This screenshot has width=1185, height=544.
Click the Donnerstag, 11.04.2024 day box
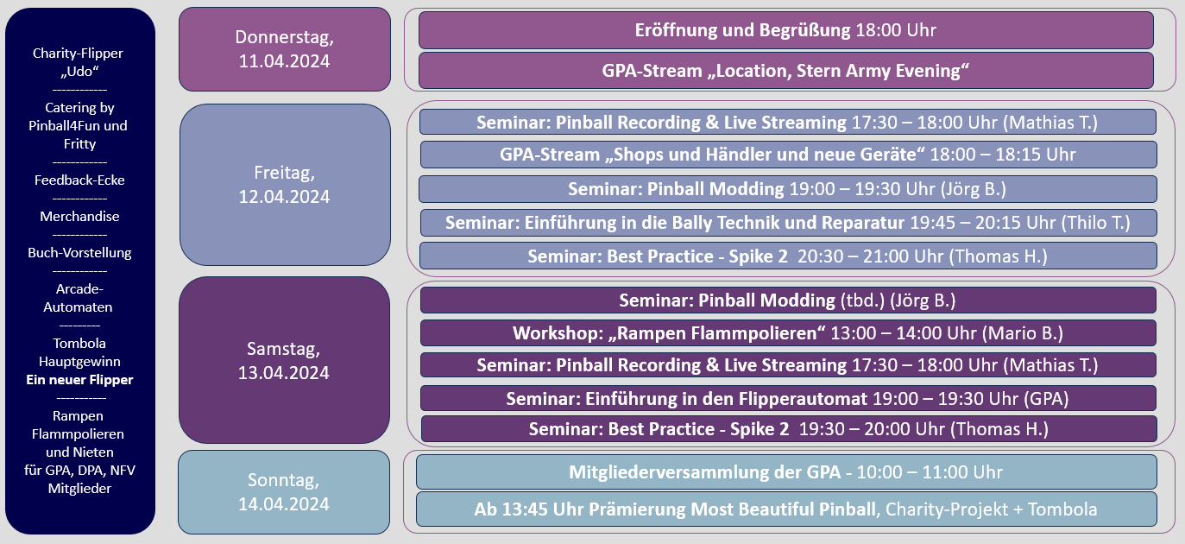(x=285, y=49)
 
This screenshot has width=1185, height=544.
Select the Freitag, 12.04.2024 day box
(x=285, y=185)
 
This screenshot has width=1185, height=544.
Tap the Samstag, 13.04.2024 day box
(x=285, y=360)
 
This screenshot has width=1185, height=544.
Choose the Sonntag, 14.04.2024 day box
(x=284, y=492)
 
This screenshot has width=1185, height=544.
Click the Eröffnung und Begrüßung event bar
(x=786, y=30)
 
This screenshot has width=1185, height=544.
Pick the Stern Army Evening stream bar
(x=786, y=71)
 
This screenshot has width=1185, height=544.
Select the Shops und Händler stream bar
(x=788, y=155)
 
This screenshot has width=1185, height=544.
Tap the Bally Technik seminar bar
(x=788, y=223)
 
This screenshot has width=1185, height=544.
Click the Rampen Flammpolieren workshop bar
(x=788, y=333)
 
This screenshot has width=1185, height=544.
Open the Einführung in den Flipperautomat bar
(x=788, y=398)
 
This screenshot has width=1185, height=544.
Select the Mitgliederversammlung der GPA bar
(x=786, y=472)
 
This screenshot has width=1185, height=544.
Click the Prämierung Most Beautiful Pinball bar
(x=786, y=509)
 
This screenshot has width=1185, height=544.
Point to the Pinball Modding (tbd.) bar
(x=788, y=300)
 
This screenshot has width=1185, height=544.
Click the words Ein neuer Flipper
(x=79, y=380)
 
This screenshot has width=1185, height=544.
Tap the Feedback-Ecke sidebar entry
(x=79, y=180)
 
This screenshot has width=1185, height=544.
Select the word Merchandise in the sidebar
(x=79, y=217)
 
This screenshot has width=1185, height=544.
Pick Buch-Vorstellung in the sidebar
(x=79, y=253)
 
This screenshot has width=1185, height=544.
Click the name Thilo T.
(x=1095, y=223)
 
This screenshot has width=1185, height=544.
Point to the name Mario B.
(x=1023, y=333)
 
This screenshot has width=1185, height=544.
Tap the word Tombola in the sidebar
(x=79, y=344)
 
